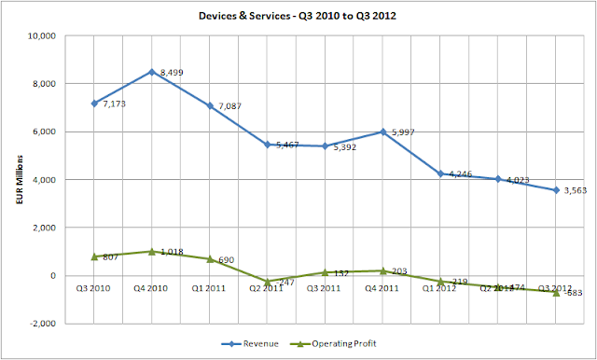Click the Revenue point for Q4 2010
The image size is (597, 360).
point(151,72)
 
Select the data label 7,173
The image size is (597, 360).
point(115,104)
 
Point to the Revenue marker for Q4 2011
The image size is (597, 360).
point(382,132)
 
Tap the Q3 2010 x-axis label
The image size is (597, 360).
point(93,289)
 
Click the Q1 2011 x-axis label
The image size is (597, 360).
point(209,289)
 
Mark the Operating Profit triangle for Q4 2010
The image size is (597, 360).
point(151,251)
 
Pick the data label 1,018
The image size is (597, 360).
point(174,251)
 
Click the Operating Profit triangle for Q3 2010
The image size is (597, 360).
point(93,256)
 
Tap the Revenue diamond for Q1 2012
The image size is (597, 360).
point(439,173)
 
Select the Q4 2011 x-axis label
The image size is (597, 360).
point(382,289)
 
